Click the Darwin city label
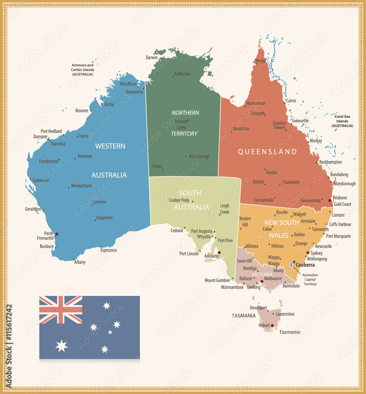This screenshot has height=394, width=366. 152,58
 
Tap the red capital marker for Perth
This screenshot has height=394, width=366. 57,234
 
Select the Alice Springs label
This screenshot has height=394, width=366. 199,156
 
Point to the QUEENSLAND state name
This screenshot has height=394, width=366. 267,152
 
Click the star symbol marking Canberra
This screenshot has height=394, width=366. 294,262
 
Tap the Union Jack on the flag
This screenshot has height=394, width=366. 61,310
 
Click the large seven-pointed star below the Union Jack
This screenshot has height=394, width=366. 61,346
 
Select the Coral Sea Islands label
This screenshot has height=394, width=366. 342,121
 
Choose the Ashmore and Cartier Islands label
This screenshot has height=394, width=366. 82,69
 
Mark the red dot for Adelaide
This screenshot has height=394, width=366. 219,253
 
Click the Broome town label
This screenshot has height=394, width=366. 82,111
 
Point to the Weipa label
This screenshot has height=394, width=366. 260,61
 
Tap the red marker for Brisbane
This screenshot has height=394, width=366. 330,201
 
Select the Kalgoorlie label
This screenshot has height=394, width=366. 104,217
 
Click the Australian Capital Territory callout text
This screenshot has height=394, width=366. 310,279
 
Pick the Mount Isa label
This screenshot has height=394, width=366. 241,128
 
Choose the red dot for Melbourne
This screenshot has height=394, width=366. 262,281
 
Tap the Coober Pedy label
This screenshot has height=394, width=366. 179,200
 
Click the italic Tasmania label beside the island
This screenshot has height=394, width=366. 290,332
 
